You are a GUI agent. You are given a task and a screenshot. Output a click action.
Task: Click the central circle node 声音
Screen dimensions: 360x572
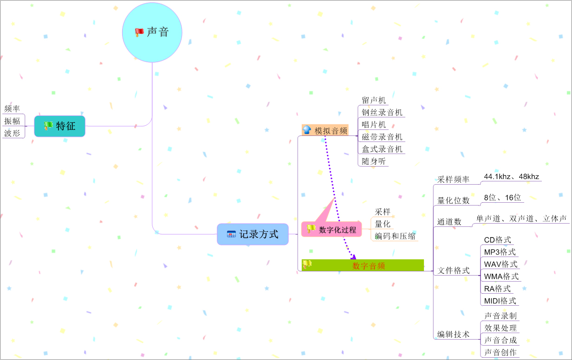pos(152,32)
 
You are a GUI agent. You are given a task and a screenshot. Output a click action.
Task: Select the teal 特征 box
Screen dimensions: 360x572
pos(60,126)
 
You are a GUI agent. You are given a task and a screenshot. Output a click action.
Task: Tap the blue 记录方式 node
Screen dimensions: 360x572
pos(253,234)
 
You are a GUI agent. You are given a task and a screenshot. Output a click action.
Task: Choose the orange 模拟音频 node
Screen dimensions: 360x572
pos(325,131)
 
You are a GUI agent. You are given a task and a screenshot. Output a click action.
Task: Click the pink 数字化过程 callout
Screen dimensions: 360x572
pos(331,229)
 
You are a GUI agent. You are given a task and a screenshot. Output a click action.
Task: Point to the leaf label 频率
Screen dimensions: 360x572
pos(12,109)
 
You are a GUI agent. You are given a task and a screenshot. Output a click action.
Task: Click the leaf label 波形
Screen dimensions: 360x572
pos(12,133)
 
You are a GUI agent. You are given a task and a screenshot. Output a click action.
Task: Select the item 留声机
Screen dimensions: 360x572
pos(374,100)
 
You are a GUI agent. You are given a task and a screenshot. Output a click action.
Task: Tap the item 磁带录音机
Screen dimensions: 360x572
pos(382,137)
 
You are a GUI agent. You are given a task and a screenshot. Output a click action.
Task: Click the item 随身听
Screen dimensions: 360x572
pos(374,161)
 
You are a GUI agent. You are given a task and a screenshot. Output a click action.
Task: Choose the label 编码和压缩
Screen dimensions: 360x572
pos(395,236)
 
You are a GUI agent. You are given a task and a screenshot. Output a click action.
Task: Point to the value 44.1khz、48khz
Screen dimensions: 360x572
pos(511,177)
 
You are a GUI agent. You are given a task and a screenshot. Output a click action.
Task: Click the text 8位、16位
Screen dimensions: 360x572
pos(502,197)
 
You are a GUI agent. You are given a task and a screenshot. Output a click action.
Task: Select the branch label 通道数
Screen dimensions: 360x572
pos(449,222)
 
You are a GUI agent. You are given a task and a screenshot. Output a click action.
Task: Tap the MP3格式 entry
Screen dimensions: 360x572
pos(500,252)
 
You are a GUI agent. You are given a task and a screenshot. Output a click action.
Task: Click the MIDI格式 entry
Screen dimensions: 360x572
pos(500,301)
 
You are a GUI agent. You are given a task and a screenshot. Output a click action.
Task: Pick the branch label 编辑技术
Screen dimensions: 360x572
pos(453,334)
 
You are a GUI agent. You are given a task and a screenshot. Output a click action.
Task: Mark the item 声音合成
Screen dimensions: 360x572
pos(500,340)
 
